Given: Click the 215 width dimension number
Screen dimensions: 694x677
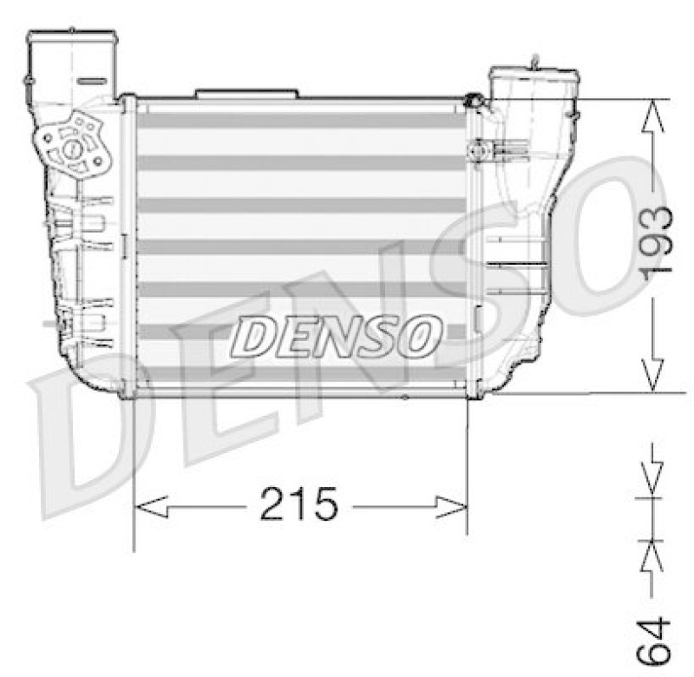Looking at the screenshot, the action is (298, 503).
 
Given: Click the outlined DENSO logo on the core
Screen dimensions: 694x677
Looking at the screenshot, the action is (337, 336).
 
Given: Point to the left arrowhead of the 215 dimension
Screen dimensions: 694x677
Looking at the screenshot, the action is (151, 507).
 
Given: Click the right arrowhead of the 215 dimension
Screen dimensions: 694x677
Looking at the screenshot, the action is (451, 508).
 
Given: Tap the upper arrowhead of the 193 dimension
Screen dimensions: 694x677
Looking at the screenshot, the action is (653, 116).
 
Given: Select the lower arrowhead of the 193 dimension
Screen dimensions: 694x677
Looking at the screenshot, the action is (653, 375).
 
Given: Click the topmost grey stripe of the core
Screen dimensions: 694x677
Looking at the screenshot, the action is (301, 121).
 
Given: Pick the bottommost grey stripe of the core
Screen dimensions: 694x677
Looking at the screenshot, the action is (301, 374).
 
